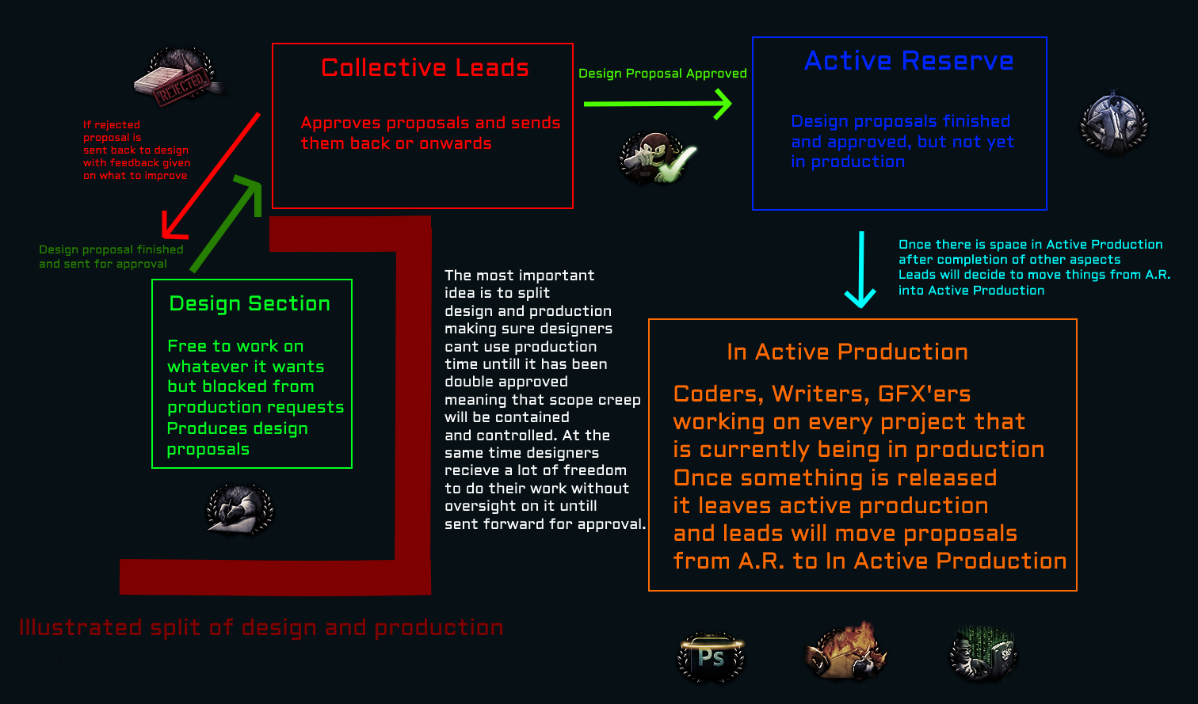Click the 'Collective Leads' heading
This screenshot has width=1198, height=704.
click(x=425, y=68)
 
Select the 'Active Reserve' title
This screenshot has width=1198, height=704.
click(x=909, y=61)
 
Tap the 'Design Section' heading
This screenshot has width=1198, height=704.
click(x=250, y=304)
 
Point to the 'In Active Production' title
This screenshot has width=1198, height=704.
click(x=847, y=352)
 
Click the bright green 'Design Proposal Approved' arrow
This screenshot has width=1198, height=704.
click(x=658, y=104)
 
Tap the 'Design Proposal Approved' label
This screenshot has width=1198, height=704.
click(x=662, y=74)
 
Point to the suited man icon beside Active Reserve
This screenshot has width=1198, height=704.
click(x=1113, y=123)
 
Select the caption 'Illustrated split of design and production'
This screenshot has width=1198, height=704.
click(x=261, y=628)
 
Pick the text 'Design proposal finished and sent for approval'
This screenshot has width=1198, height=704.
click(x=111, y=257)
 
